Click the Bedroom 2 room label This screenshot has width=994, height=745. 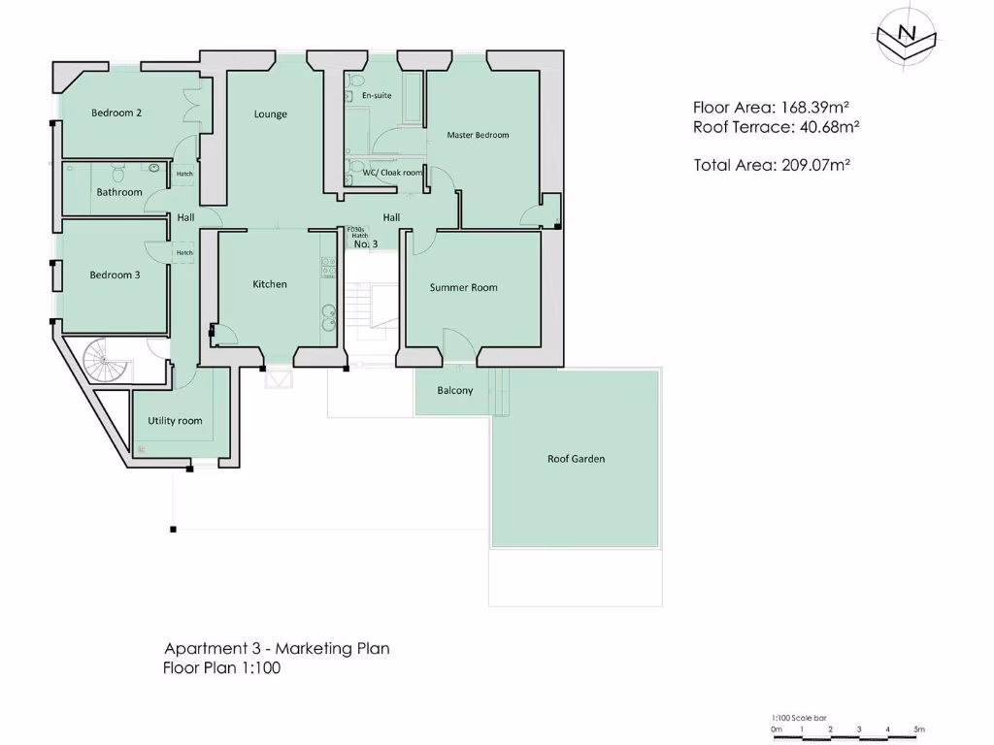pos(116,113)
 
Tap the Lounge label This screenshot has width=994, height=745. pos(271,114)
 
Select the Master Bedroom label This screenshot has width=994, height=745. pos(478,135)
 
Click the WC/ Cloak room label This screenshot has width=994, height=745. pos(392,173)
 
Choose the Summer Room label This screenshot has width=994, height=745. pos(463,287)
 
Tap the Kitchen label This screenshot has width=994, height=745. pos(270,284)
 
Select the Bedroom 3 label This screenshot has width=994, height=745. pos(115,275)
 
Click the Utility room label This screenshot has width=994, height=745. pos(175,421)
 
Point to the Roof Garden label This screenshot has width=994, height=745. pos(576,459)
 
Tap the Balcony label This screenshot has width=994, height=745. pos(455,391)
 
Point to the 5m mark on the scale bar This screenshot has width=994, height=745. pos(918,729)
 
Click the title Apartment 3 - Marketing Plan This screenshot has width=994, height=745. pos(277,648)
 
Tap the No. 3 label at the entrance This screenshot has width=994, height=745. pos(365,243)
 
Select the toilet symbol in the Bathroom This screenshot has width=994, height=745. pos(118,174)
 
